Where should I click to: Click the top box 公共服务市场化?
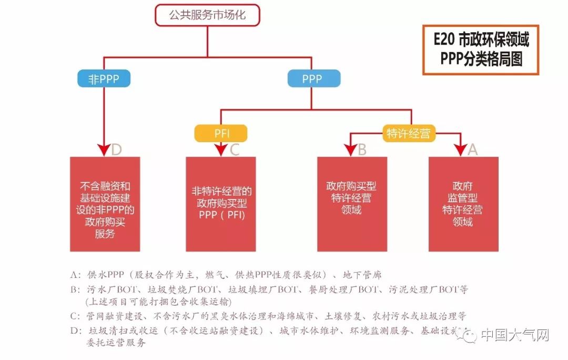(207, 15)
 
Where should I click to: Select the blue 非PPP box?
(104, 79)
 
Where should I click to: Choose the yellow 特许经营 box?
(408, 134)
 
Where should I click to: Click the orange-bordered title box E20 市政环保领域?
(481, 49)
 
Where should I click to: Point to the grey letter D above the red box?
(117, 149)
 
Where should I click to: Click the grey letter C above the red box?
(235, 149)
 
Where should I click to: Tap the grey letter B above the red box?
(362, 149)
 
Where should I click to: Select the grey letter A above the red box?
(472, 149)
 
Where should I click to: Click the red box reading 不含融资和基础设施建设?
(105, 204)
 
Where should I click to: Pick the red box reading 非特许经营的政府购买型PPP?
(221, 204)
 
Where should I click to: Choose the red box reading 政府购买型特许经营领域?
(352, 204)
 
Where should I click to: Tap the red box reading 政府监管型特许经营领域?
(463, 204)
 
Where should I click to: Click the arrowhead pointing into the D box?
(104, 149)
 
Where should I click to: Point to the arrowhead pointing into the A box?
(461, 149)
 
